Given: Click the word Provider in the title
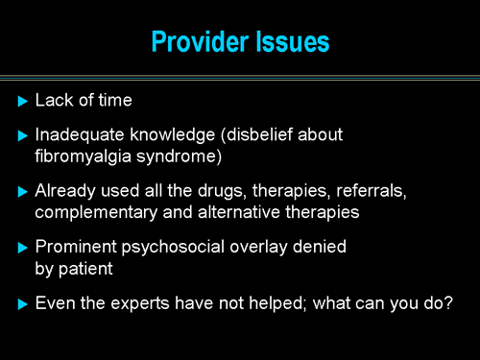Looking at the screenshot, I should click(197, 42).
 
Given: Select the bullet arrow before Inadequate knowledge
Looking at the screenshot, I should click(23, 136).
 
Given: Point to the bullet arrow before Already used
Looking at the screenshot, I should click(23, 192).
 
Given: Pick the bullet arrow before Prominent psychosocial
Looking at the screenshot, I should click(23, 248).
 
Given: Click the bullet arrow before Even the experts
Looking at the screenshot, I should click(23, 303).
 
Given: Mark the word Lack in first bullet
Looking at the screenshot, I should click(52, 101).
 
